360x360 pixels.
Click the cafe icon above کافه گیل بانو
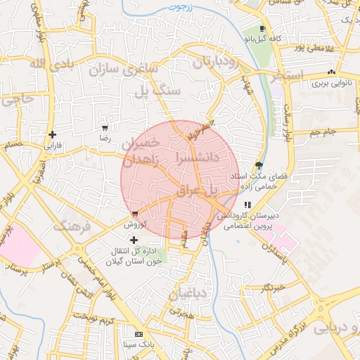pyautogui.click(x=263, y=28)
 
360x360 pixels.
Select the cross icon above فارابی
pyautogui.click(x=53, y=135)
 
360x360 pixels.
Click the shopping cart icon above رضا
pyautogui.click(x=105, y=128)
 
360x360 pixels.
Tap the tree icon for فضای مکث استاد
pyautogui.click(x=260, y=166)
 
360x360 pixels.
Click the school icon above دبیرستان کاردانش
pyautogui.click(x=247, y=205)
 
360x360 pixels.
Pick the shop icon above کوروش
pyautogui.click(x=134, y=214)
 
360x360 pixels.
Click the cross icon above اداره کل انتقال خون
pyautogui.click(x=134, y=240)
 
